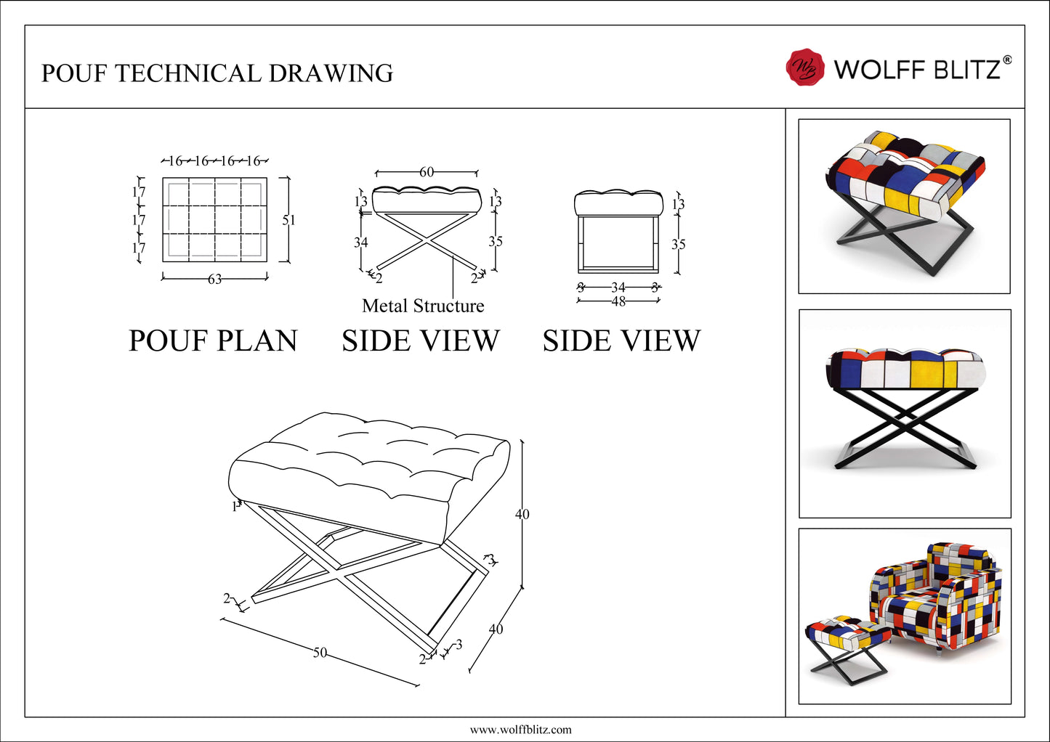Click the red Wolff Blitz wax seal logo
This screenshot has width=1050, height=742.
(x=805, y=68)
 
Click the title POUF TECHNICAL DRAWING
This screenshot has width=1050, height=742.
(x=217, y=73)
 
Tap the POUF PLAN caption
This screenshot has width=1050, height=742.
(x=213, y=341)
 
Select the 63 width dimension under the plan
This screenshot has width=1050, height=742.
(x=215, y=279)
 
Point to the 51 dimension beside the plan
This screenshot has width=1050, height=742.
(x=288, y=220)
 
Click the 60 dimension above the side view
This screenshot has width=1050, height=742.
(x=427, y=172)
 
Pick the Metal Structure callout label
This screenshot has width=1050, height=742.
(x=423, y=306)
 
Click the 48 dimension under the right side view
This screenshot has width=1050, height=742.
(x=618, y=301)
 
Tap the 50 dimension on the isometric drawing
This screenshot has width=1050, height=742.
(x=320, y=653)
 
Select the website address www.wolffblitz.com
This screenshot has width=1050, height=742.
(x=520, y=730)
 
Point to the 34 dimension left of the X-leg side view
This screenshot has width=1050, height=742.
(x=360, y=242)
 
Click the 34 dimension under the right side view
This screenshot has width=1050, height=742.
(x=618, y=288)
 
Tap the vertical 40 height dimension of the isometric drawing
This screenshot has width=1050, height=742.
(x=522, y=514)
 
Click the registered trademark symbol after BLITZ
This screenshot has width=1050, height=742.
(x=1006, y=60)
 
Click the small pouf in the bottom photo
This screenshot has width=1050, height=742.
(x=847, y=643)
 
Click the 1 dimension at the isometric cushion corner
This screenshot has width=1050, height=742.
(x=234, y=507)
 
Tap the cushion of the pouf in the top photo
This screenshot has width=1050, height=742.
(x=905, y=171)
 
